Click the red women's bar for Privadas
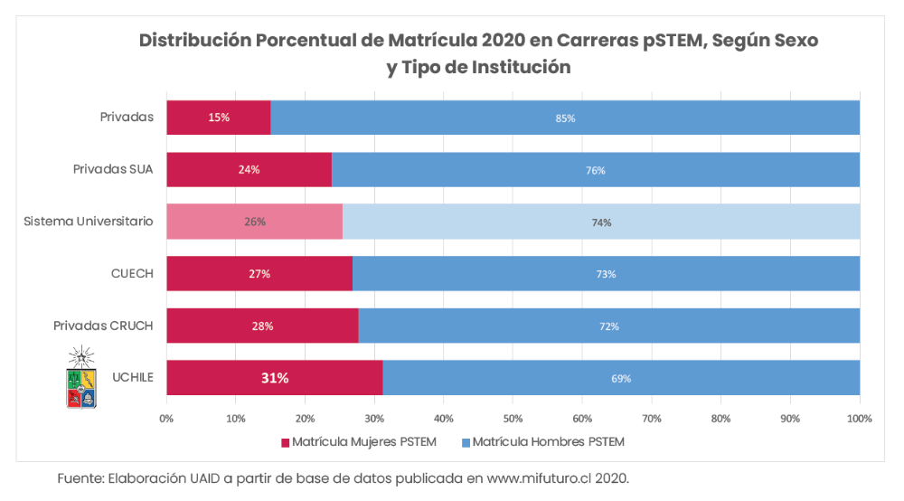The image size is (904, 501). tap(218, 118)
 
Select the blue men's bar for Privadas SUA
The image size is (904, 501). tap(595, 170)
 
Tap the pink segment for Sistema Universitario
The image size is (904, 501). tap(254, 222)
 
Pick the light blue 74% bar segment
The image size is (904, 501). tap(601, 222)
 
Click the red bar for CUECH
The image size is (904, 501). tap(259, 274)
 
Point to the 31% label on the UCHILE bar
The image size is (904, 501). tap(275, 378)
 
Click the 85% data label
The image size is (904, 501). tap(566, 118)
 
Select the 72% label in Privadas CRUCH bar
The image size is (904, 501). tap(609, 326)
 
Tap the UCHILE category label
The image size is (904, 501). tap(132, 377)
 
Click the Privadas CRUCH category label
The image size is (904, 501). tap(103, 326)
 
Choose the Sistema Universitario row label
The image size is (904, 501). tap(89, 221)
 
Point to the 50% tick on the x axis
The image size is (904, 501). tap(513, 419)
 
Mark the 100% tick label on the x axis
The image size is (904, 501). tap(859, 419)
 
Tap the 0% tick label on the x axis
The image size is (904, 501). tap(166, 419)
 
